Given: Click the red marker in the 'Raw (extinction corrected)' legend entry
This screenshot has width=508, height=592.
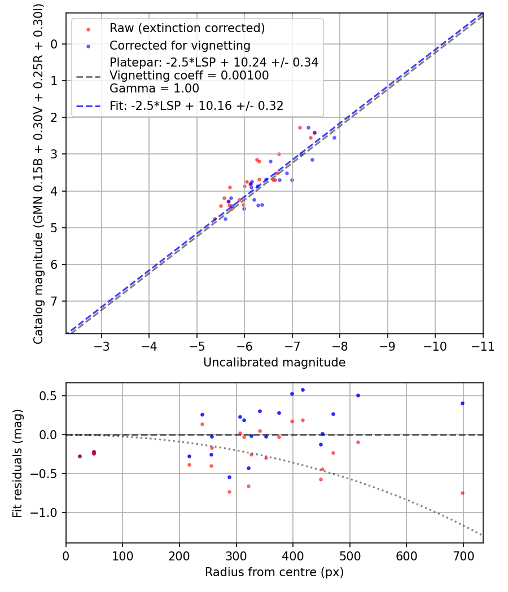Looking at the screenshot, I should (x=87, y=29).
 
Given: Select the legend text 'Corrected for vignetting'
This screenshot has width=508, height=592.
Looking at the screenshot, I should (x=179, y=45).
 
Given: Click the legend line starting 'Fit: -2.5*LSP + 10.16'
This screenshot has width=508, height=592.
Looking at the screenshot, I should (x=196, y=105).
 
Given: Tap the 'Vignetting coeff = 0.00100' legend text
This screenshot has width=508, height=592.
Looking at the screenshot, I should (x=189, y=76).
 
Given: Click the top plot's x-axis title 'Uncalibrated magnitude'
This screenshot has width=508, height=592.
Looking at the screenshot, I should (x=274, y=363).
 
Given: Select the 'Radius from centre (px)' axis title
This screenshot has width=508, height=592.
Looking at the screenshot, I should (x=274, y=572).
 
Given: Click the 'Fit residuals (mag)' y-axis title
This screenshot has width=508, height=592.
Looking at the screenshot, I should (x=17, y=463).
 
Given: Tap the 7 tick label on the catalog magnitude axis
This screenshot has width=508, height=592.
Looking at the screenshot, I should (x=54, y=301).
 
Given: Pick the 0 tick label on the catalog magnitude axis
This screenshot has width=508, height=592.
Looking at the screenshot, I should (x=54, y=44).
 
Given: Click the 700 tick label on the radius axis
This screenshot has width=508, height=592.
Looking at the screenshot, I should (x=463, y=555).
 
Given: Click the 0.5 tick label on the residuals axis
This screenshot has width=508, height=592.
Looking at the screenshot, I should (x=50, y=396).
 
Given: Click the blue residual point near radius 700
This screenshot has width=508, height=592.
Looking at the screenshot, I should (x=462, y=403).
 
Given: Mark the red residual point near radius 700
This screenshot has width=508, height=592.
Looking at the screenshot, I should (x=462, y=493).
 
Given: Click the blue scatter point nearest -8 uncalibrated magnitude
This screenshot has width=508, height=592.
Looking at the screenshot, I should (x=334, y=138).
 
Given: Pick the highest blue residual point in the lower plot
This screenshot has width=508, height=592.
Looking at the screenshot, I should (x=303, y=390).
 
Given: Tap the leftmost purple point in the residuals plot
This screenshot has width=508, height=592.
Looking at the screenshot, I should (x=80, y=456).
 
